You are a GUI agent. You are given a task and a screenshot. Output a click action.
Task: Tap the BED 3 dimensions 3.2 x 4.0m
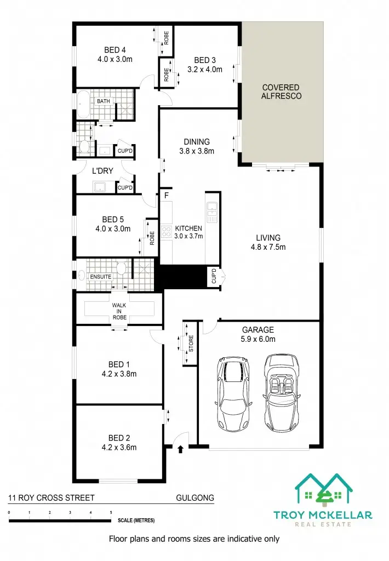click(x=204, y=70)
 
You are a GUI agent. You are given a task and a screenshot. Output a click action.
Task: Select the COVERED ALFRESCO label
click(x=281, y=91)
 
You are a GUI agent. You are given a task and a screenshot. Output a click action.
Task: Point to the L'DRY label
click(x=102, y=171)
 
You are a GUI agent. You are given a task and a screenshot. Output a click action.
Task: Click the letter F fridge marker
click(x=165, y=195)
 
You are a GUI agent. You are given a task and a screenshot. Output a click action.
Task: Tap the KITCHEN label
click(x=188, y=228)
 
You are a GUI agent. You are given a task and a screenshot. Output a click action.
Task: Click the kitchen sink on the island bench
click(x=212, y=208)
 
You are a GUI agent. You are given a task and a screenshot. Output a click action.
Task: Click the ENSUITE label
click(x=101, y=277)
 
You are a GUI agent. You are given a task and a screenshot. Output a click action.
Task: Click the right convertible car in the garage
click(x=283, y=393)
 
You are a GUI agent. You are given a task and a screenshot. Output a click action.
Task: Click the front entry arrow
click(x=181, y=450)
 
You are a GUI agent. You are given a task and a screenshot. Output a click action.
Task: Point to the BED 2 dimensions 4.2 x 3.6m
click(x=119, y=447)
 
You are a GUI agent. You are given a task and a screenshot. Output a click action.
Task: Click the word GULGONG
click(x=195, y=498)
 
